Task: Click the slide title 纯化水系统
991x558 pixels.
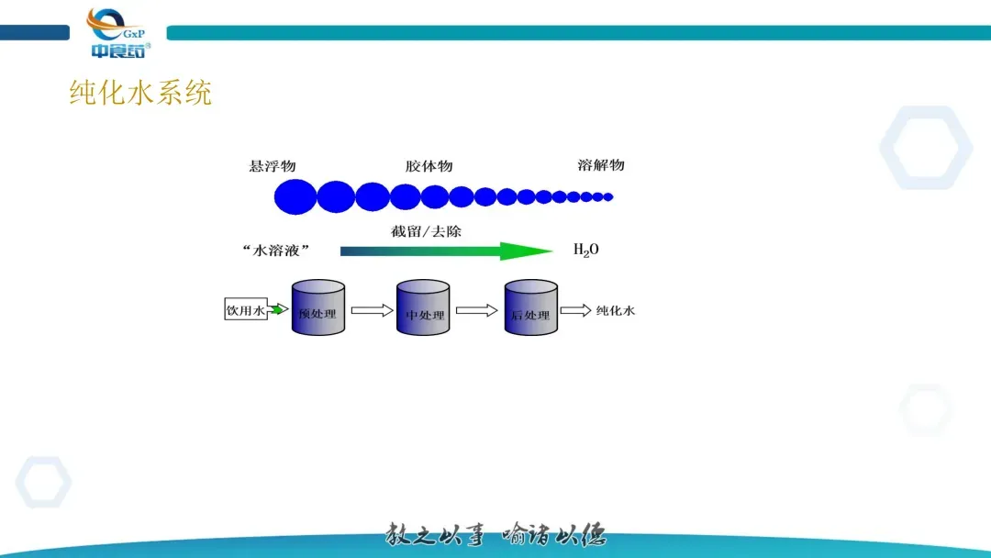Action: [x=140, y=93]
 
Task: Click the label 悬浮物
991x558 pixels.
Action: [x=272, y=166]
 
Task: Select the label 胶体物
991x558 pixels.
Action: [x=429, y=166]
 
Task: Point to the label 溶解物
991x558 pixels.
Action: [x=601, y=165]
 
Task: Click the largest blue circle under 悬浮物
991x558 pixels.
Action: [x=295, y=196]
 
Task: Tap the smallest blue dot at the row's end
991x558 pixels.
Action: [x=608, y=196]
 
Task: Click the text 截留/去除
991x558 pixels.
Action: [x=426, y=231]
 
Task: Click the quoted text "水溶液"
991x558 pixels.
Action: [x=275, y=251]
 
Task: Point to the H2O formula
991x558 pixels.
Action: [x=585, y=250]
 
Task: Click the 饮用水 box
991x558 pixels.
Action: [x=245, y=310]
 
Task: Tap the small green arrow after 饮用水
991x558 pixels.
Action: [x=277, y=310]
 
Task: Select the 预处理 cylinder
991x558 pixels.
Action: [x=317, y=308]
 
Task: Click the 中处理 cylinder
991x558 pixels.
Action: [x=425, y=308]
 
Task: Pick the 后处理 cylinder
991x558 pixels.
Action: [x=530, y=308]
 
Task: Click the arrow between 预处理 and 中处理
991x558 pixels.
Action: [x=371, y=310]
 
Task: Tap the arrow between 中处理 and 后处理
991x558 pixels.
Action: [x=477, y=310]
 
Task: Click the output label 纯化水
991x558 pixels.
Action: [x=616, y=310]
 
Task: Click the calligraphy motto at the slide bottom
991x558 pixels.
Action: [x=495, y=534]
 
